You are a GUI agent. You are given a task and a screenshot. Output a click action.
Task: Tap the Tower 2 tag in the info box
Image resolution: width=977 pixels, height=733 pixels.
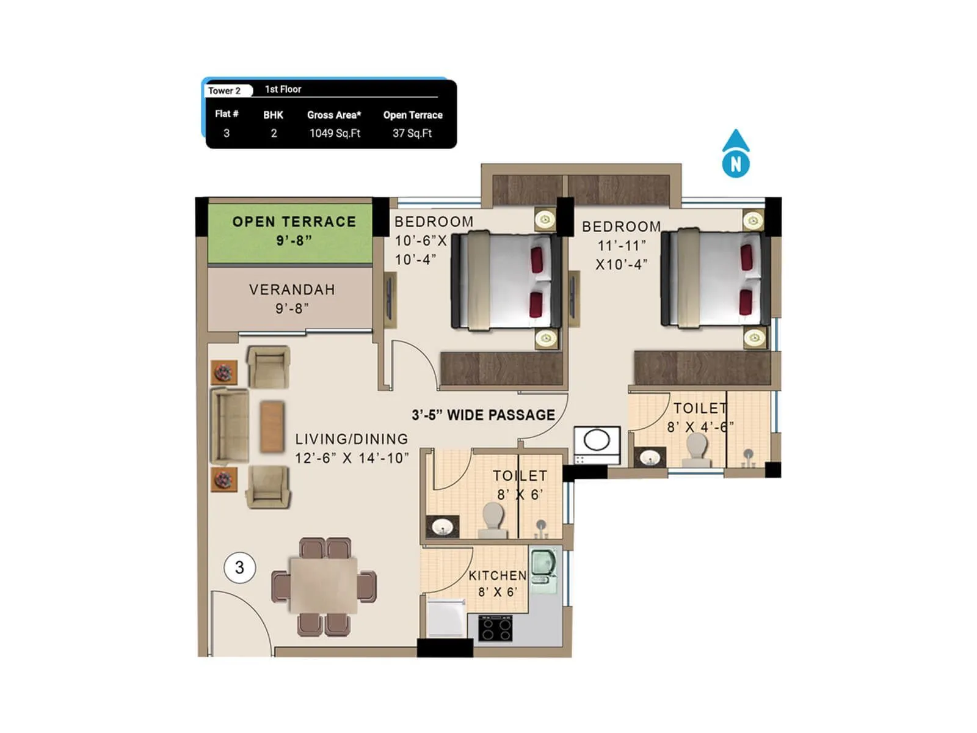point(225,90)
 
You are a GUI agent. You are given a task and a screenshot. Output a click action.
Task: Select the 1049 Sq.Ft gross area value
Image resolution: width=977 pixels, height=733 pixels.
point(335,133)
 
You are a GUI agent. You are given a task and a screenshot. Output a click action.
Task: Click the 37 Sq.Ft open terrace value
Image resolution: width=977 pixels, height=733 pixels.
point(412,133)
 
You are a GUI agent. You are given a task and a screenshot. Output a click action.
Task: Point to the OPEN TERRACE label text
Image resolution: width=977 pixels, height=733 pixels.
point(294,222)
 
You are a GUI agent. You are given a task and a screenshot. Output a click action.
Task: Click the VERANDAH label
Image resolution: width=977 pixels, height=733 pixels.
point(292,290)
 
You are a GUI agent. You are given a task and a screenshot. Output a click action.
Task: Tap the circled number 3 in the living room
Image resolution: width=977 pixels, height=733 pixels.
point(239,567)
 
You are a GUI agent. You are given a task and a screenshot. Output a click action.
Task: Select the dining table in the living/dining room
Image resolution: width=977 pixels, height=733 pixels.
point(324,585)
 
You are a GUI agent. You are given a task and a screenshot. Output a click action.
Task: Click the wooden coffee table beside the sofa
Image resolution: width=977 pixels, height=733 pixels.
point(272,426)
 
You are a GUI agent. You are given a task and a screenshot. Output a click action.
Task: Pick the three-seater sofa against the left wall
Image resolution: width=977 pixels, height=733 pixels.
point(230,426)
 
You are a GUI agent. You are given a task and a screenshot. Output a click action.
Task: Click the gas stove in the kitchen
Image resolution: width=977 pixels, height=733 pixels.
point(495,629)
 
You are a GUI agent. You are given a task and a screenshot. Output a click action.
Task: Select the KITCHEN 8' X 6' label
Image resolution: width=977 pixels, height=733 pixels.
point(497,583)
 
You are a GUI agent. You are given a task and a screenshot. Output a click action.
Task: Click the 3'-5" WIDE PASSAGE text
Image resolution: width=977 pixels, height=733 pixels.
point(483,415)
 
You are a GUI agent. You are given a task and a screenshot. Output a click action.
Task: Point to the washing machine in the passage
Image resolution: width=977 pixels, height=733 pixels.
point(597,444)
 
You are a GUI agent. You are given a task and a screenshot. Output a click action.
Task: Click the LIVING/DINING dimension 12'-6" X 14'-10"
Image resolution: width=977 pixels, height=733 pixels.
point(352,458)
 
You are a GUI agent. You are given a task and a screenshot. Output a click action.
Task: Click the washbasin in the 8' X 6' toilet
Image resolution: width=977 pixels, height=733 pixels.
point(442,527)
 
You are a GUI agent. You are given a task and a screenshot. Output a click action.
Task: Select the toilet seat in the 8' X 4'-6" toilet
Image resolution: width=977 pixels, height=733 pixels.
point(696,451)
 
